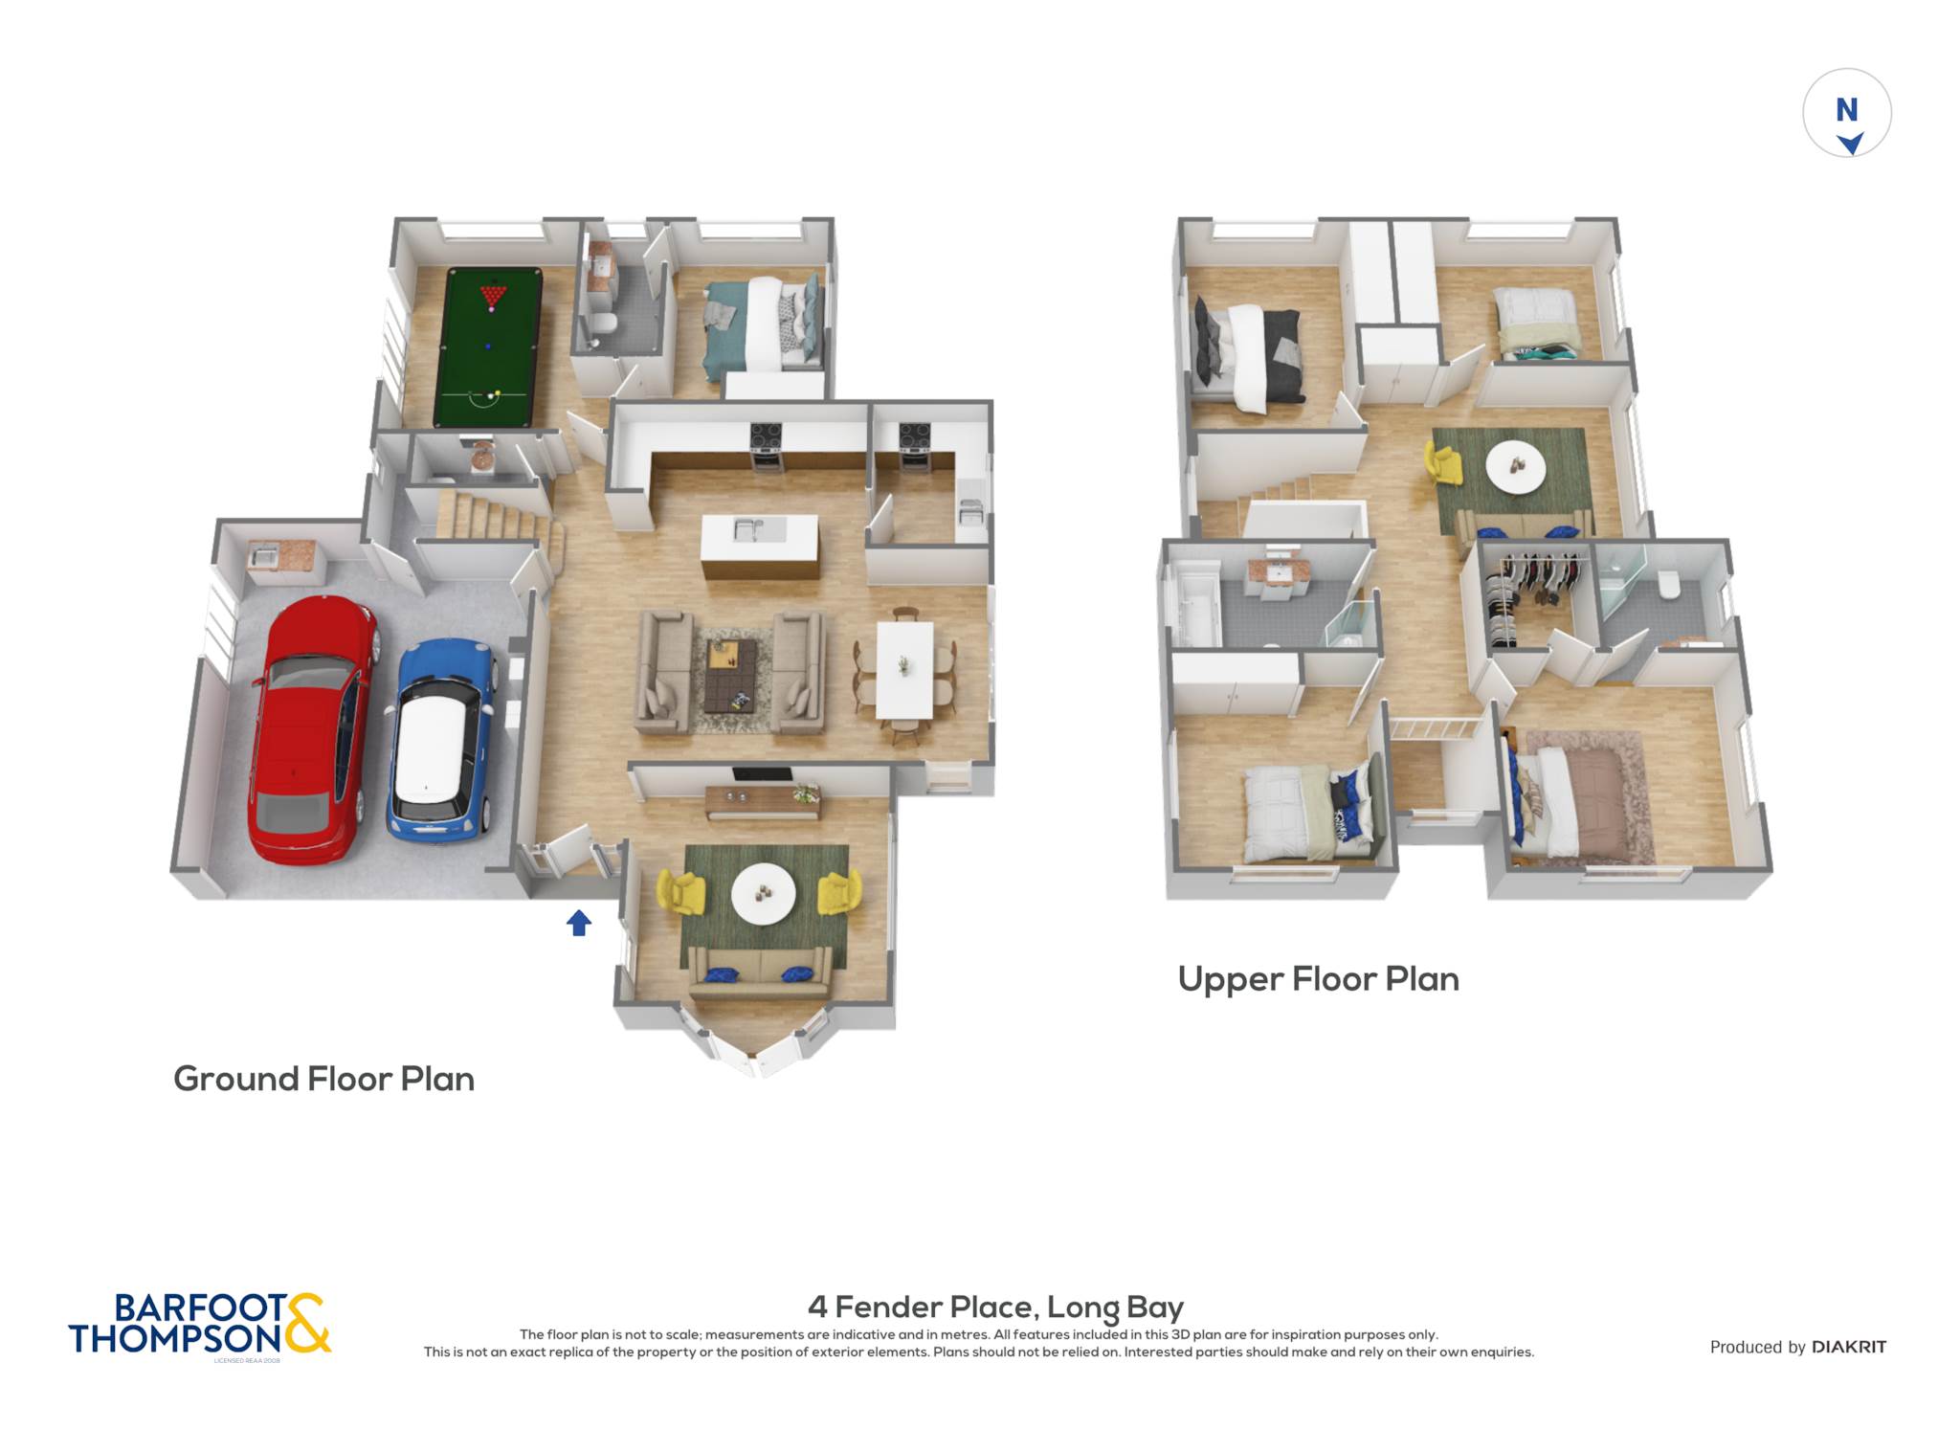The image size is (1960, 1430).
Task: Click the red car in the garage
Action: [x=311, y=729]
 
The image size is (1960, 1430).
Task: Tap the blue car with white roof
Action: [x=440, y=741]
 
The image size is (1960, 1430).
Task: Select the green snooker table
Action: [x=487, y=347]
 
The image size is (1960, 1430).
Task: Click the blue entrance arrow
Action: [x=579, y=923]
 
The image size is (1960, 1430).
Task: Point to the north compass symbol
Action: [x=1847, y=113]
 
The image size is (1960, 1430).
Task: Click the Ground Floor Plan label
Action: [x=323, y=1079]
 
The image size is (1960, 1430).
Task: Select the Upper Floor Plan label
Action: [x=1318, y=979]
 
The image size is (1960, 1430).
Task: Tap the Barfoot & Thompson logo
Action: [x=200, y=1325]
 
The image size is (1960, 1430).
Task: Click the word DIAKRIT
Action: [x=1849, y=1347]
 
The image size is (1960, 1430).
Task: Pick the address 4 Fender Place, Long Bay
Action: [x=995, y=1307]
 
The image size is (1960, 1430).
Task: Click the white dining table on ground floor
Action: [x=904, y=669]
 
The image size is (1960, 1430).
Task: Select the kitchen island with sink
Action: [x=761, y=546]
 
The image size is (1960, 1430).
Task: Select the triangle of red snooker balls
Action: [x=493, y=294]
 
